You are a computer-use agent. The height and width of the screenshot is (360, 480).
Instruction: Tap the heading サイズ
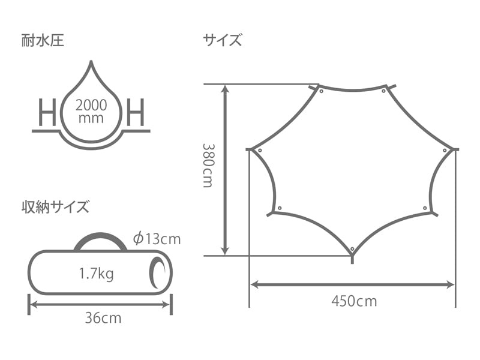(222, 41)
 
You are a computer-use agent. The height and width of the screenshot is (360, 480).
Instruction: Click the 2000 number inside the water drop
(91, 104)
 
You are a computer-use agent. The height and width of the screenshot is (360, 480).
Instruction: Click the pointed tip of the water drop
(91, 62)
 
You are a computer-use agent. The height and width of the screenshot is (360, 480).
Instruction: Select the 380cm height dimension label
(208, 165)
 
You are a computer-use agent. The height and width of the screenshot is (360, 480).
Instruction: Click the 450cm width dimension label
(354, 301)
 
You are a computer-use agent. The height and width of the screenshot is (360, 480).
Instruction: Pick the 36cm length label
(103, 318)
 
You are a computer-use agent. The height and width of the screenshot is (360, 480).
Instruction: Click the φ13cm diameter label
(157, 239)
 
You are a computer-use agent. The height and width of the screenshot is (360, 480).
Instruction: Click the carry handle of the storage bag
(100, 238)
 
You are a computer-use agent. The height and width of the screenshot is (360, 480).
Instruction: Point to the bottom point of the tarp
(352, 257)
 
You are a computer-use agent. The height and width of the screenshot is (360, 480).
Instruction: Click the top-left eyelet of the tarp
(321, 92)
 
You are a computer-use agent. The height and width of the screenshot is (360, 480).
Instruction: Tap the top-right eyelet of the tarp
(384, 91)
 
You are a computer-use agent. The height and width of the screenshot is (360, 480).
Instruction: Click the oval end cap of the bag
(160, 273)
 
